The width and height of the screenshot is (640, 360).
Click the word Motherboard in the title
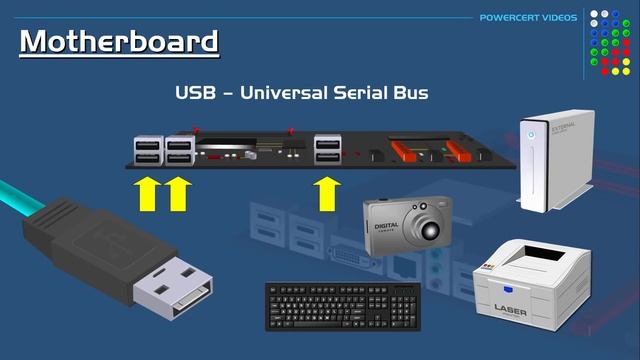119,42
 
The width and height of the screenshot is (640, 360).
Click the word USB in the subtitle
196,93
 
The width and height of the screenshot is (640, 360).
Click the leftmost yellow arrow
148,193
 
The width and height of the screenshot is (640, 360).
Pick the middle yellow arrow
178,193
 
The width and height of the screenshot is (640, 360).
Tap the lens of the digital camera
428,229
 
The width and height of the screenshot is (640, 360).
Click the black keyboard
342,306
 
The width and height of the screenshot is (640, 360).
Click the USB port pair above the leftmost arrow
147,151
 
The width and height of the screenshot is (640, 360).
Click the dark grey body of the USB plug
95,246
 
